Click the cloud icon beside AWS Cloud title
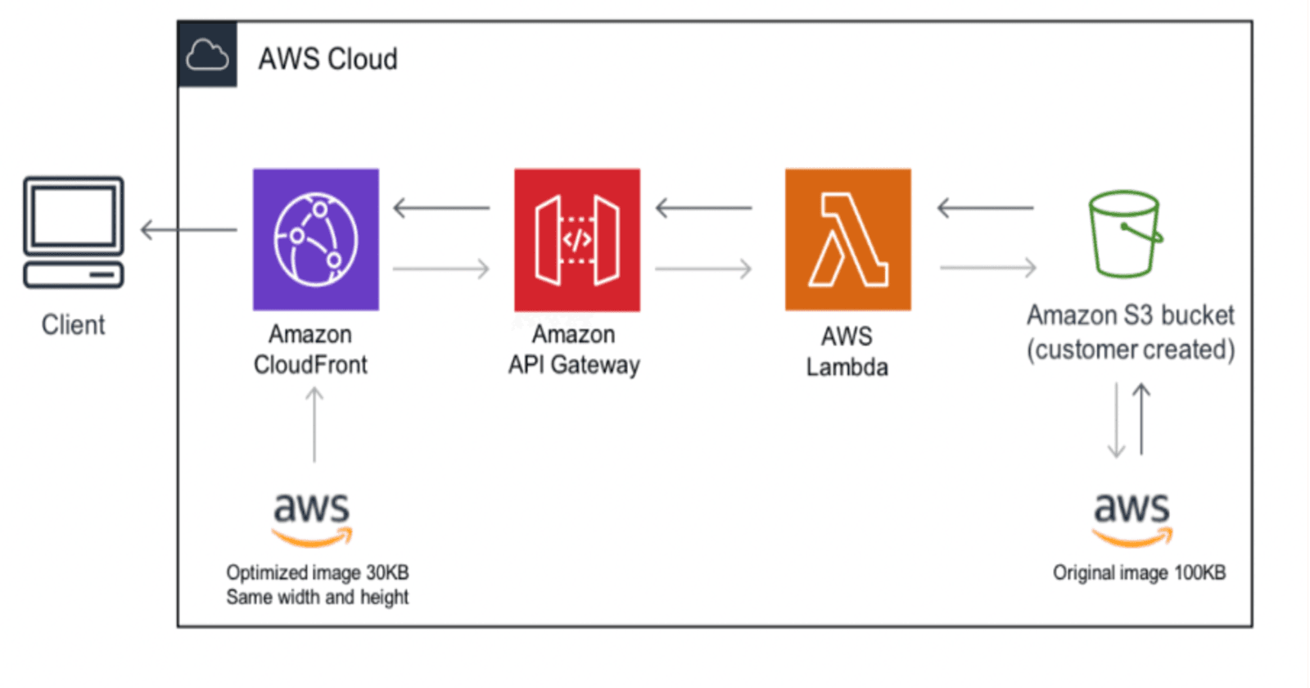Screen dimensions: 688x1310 (x=207, y=56)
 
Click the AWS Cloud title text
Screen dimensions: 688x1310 (x=327, y=59)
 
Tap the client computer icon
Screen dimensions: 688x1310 (x=74, y=232)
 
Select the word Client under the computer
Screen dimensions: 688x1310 (x=74, y=325)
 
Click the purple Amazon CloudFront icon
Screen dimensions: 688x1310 (x=316, y=239)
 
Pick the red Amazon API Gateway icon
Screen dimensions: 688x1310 (x=577, y=239)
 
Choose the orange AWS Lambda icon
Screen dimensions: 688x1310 (x=847, y=239)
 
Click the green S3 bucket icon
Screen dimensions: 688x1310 (x=1125, y=235)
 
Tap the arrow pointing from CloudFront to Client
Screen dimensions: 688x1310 (x=188, y=229)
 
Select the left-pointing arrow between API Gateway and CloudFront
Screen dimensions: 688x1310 (x=441, y=207)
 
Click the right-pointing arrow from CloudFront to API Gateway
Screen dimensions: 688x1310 (x=441, y=268)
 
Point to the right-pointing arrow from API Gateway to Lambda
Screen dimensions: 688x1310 (x=703, y=268)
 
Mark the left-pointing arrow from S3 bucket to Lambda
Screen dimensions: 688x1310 (x=985, y=207)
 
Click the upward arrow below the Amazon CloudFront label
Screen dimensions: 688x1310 (x=314, y=424)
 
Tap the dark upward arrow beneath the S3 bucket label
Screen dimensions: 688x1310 (x=1141, y=419)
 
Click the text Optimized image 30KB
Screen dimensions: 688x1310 (x=318, y=573)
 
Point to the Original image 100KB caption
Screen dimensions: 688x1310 (x=1139, y=573)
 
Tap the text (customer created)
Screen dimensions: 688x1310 (x=1131, y=350)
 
